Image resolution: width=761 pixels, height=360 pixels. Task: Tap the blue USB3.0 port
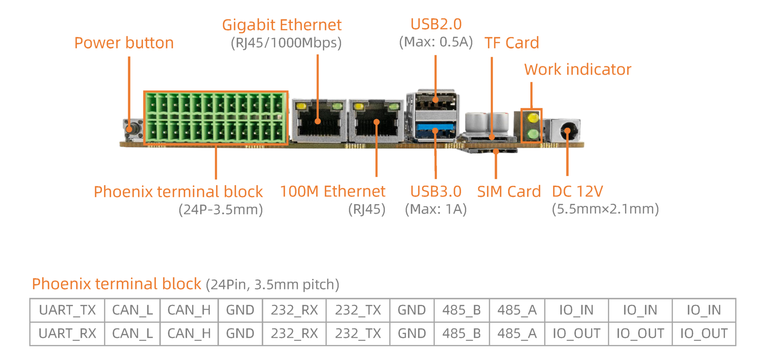[x=435, y=129]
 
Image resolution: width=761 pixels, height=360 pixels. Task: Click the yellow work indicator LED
[x=533, y=118]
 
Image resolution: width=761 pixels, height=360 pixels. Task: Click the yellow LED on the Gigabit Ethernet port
[x=302, y=106]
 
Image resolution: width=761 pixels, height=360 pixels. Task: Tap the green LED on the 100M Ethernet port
[x=394, y=106]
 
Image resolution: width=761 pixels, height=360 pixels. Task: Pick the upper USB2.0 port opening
[x=435, y=102]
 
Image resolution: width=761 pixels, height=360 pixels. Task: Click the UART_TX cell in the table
[x=67, y=310]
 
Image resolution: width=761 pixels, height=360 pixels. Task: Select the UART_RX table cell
[x=67, y=333]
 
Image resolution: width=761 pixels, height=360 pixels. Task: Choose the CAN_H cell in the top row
[x=189, y=310]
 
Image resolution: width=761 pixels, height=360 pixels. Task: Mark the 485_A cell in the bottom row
[x=517, y=333]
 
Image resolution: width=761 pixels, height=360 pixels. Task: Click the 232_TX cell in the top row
[x=358, y=310]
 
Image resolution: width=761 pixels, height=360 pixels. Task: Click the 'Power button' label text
[x=124, y=43]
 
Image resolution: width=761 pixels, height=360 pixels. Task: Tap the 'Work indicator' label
[x=577, y=69]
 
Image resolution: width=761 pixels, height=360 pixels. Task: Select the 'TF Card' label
[x=512, y=43]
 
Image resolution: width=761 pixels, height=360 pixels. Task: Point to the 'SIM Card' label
[x=509, y=191]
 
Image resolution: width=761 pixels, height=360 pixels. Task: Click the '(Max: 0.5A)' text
[x=436, y=42]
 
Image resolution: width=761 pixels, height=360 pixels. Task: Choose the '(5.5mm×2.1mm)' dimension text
[x=605, y=209]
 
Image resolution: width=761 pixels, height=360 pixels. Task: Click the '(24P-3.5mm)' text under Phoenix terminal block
[x=221, y=209]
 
